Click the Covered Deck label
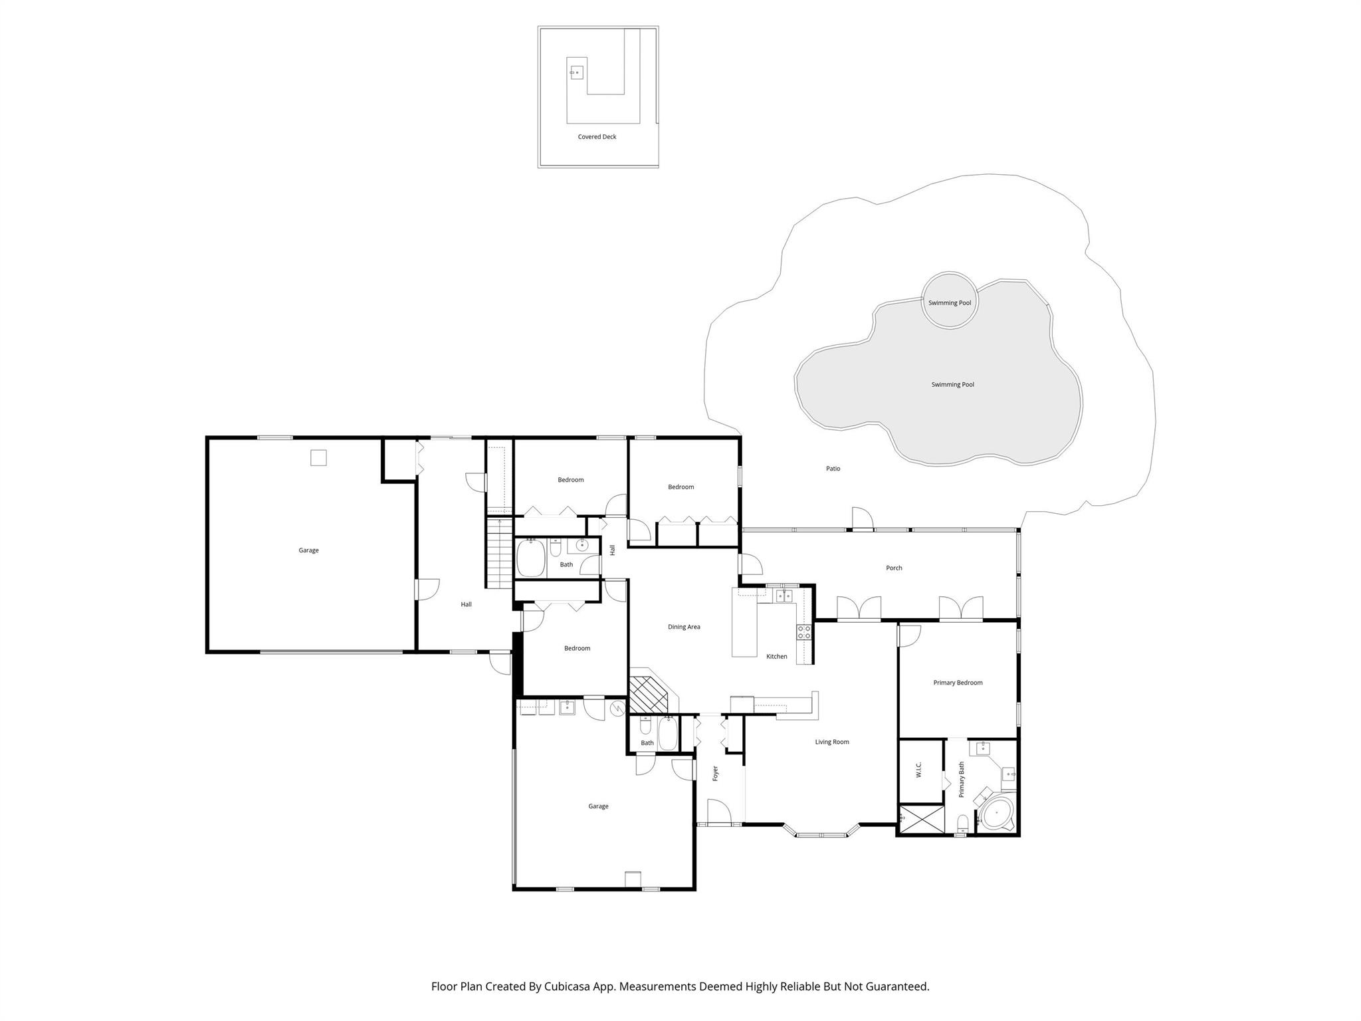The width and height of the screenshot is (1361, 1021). click(597, 137)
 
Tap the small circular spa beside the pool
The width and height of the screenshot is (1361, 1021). click(950, 300)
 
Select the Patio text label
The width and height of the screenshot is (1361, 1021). click(833, 469)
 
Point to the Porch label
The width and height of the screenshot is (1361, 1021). click(894, 568)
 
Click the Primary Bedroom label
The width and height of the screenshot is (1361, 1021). click(958, 683)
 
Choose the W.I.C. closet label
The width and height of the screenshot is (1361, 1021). click(918, 770)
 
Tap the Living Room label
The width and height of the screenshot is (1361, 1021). click(832, 742)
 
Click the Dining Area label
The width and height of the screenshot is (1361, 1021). click(684, 627)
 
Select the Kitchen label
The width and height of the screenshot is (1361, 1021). click(777, 657)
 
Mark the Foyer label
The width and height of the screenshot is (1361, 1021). click(716, 773)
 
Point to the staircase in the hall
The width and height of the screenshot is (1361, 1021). click(498, 553)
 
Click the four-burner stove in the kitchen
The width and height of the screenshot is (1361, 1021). click(804, 632)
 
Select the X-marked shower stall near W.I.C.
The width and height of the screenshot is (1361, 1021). click(921, 819)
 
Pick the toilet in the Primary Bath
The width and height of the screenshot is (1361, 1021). click(963, 824)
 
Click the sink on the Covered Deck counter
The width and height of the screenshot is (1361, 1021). click(576, 72)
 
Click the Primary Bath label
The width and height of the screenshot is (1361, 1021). click(962, 780)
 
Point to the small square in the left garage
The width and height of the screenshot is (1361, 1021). click(318, 457)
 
